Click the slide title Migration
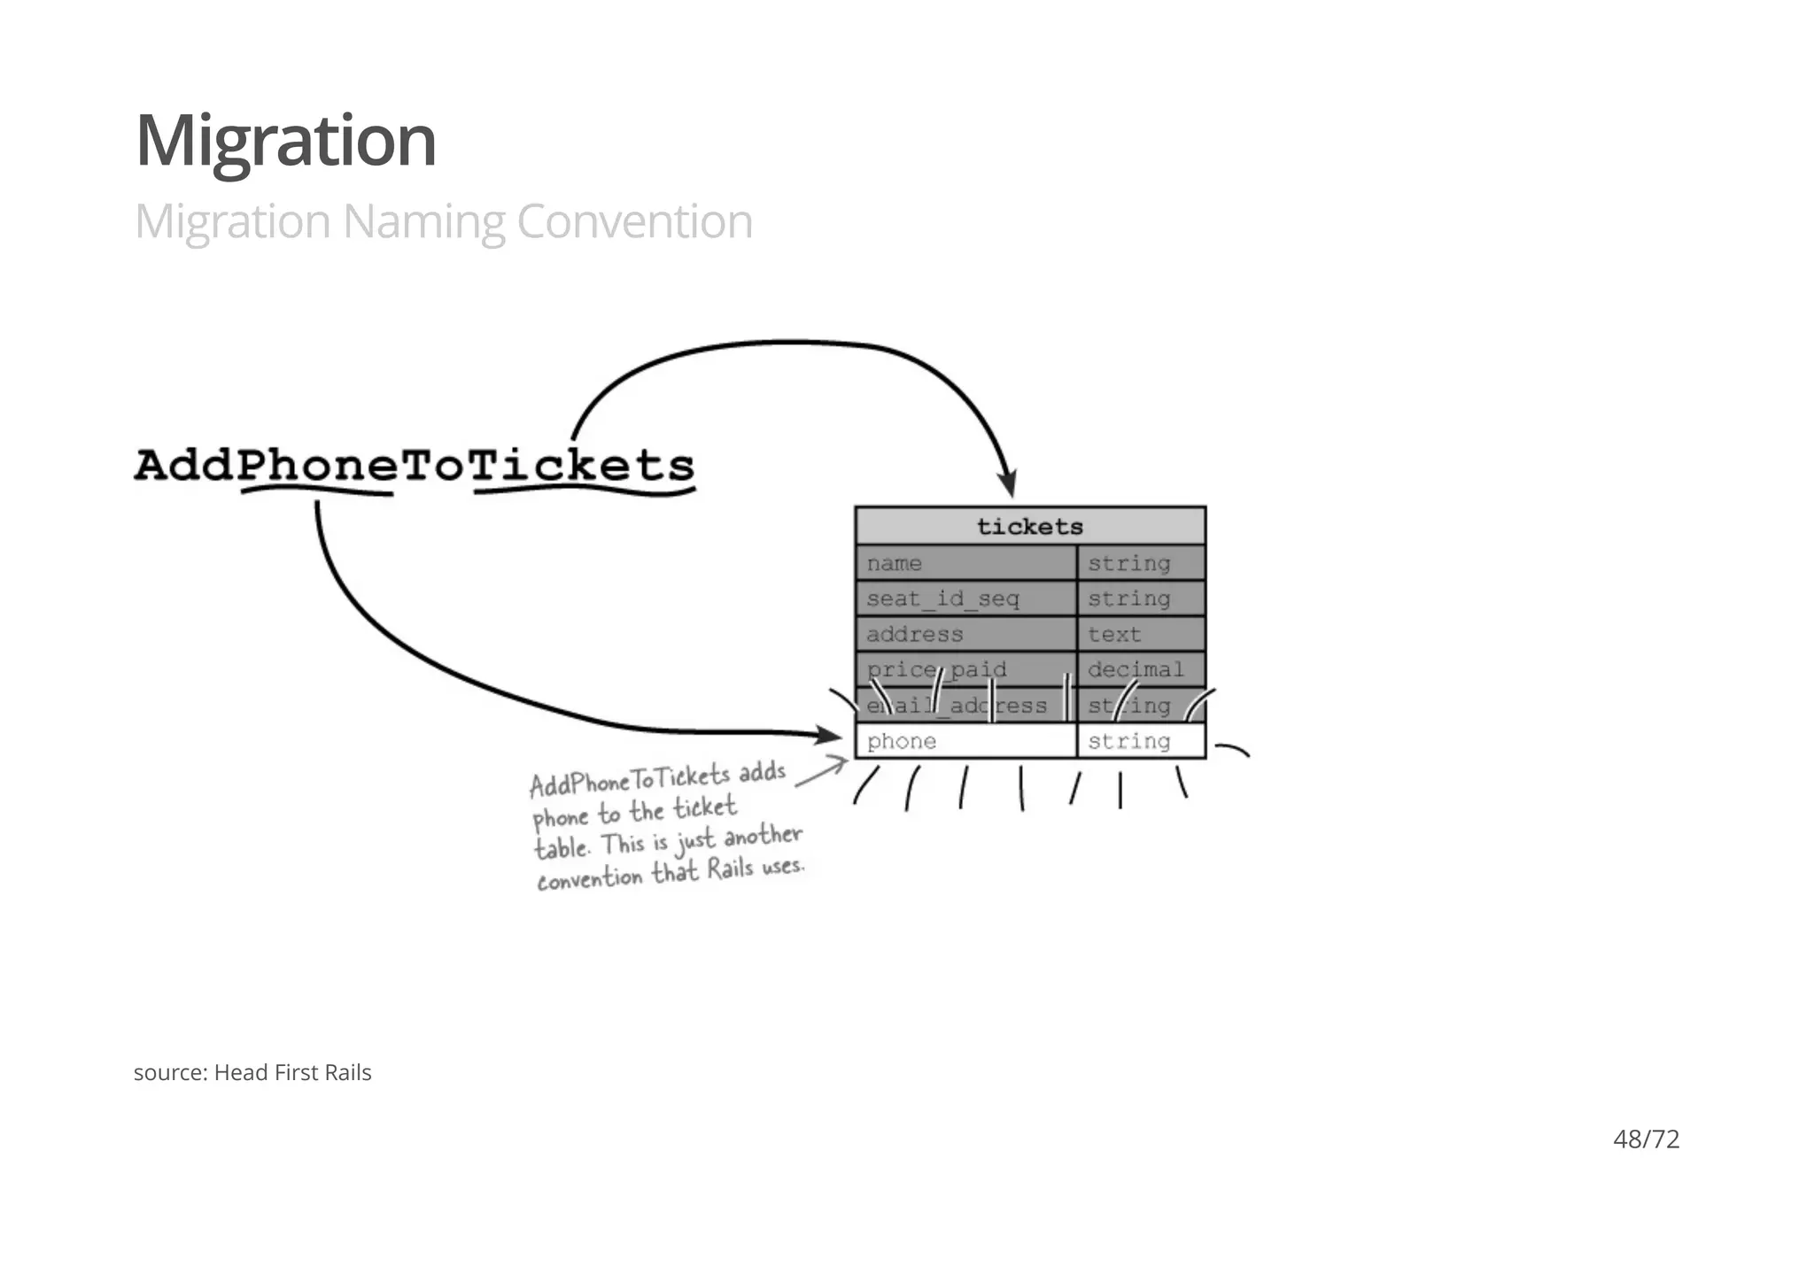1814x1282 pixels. point(285,142)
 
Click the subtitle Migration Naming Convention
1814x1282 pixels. point(443,221)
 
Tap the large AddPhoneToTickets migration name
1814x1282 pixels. point(415,466)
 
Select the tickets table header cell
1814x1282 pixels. point(1030,527)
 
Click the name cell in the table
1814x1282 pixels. point(965,563)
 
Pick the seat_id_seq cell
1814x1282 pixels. point(965,599)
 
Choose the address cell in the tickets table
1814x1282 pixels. point(965,634)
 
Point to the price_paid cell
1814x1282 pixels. point(965,669)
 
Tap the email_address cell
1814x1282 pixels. point(965,706)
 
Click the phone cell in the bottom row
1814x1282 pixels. point(965,741)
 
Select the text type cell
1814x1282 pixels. point(1141,634)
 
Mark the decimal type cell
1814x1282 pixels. point(1141,669)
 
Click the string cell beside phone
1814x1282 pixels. point(1141,741)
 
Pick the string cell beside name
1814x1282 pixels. point(1141,563)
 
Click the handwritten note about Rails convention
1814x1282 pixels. point(666,828)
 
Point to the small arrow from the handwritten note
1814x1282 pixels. point(824,770)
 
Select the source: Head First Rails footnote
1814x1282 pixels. point(252,1072)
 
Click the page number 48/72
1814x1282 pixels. point(1646,1139)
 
